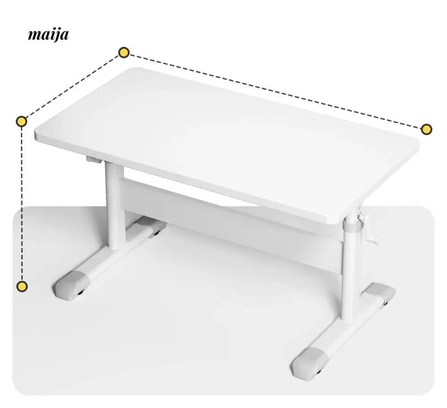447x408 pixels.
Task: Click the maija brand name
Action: (48, 35)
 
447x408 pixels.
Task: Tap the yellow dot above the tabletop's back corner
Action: (124, 53)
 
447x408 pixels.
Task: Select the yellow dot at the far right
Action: (426, 129)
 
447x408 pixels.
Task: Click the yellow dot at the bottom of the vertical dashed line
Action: (22, 286)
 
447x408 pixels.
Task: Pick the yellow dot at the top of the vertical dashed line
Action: (21, 121)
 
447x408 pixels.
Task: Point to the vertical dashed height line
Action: (22, 204)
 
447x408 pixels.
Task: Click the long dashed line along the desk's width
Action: (275, 91)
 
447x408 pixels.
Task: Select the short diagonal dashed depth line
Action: (73, 87)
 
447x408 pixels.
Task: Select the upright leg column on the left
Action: (115, 205)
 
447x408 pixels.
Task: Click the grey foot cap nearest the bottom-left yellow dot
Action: (71, 285)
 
